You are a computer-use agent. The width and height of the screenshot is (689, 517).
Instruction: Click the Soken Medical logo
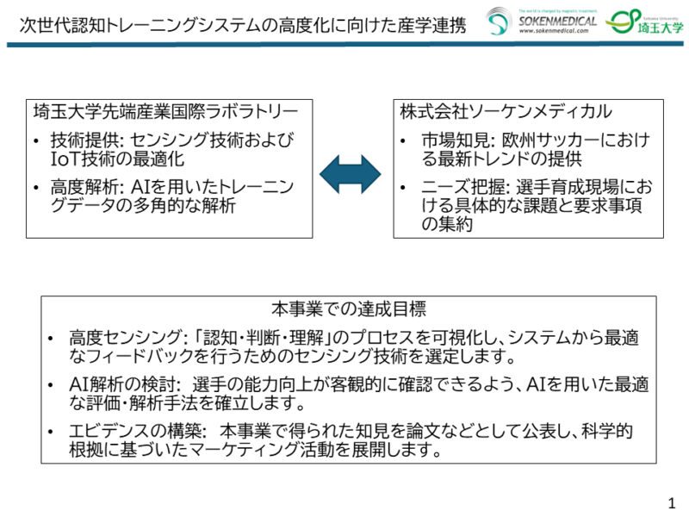540,21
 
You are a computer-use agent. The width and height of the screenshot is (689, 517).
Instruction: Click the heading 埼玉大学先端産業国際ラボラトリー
165,112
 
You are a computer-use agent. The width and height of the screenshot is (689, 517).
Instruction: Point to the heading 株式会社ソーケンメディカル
506,112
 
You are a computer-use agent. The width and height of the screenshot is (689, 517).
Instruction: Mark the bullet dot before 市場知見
406,141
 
